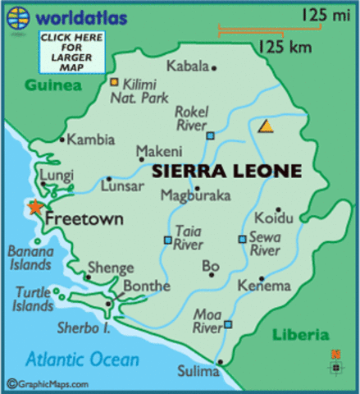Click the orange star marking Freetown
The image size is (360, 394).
click(34, 208)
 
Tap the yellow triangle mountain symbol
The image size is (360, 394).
click(265, 126)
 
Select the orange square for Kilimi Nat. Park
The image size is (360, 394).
click(115, 82)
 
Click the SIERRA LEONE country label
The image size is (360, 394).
click(226, 172)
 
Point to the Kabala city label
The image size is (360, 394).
click(188, 66)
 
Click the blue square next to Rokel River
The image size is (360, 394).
click(211, 135)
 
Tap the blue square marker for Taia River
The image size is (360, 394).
click(167, 241)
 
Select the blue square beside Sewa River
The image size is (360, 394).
click(242, 239)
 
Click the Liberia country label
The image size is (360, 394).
click(299, 335)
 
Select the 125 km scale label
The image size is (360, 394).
click(285, 48)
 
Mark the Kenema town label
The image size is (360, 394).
click(263, 286)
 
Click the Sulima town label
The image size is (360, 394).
click(199, 372)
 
